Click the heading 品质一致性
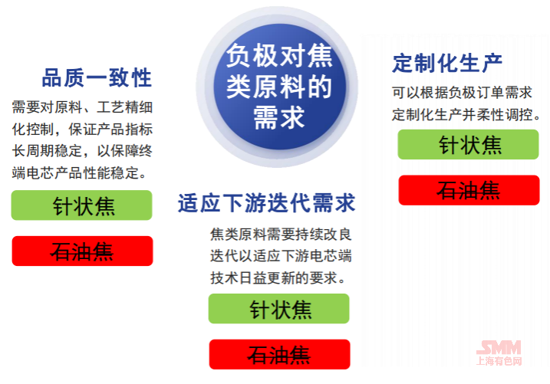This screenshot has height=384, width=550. pyautogui.click(x=97, y=77)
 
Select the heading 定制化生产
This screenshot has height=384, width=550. pyautogui.click(x=447, y=64)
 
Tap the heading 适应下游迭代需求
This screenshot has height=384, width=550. pyautogui.click(x=267, y=203)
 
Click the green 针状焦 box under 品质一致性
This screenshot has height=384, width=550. pyautogui.click(x=82, y=205)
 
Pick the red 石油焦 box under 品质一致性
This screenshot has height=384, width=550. pyautogui.click(x=82, y=251)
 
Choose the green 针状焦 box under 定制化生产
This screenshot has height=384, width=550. pyautogui.click(x=468, y=144)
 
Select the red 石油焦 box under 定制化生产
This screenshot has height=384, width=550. pyautogui.click(x=469, y=190)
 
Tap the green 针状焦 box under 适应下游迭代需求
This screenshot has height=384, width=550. pyautogui.click(x=279, y=309)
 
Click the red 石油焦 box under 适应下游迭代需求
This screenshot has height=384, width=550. pyautogui.click(x=279, y=354)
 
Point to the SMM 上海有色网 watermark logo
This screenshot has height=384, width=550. pyautogui.click(x=499, y=353)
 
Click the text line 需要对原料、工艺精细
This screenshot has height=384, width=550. pyautogui.click(x=82, y=107)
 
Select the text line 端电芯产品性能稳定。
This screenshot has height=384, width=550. pyautogui.click(x=79, y=173)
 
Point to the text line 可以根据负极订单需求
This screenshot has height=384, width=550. pyautogui.click(x=462, y=93)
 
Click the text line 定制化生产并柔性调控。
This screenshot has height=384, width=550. pyautogui.click(x=466, y=115)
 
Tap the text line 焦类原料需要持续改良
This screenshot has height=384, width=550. pyautogui.click(x=281, y=235)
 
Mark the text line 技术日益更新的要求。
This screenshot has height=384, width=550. pyautogui.click(x=278, y=278)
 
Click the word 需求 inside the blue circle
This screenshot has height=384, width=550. pyautogui.click(x=279, y=118)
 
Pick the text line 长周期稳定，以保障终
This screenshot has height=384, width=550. pyautogui.click(x=82, y=151)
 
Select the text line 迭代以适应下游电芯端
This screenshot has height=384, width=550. pyautogui.click(x=281, y=256)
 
